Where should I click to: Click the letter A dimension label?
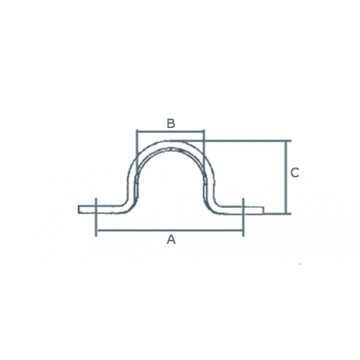coord(171,239)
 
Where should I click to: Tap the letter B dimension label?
coord(171,123)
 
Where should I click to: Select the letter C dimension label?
coord(295,173)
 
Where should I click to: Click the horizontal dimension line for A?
coord(170,229)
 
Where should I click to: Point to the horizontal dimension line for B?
coord(171,131)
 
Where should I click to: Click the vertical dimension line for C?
coord(286,177)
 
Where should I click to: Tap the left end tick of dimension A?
coord(96,217)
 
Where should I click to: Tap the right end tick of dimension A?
coord(243,217)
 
